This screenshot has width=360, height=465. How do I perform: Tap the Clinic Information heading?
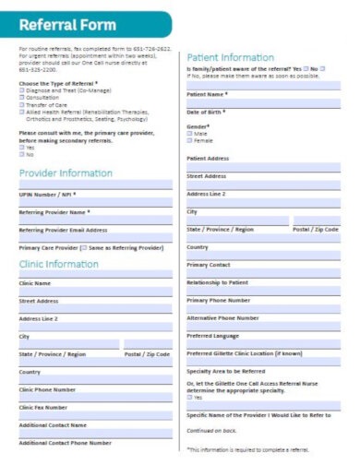coord(59,264)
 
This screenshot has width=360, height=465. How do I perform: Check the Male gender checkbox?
coord(190,133)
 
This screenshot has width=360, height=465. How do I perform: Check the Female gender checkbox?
coord(190,140)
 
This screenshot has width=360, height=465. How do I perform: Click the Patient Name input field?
coord(263,102)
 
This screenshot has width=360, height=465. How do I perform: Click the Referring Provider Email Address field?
coord(95,239)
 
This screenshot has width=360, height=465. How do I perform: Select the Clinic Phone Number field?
coord(95,398)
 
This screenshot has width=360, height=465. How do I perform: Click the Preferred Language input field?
coord(263,343)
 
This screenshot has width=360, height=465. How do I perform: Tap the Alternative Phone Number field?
coord(263,326)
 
